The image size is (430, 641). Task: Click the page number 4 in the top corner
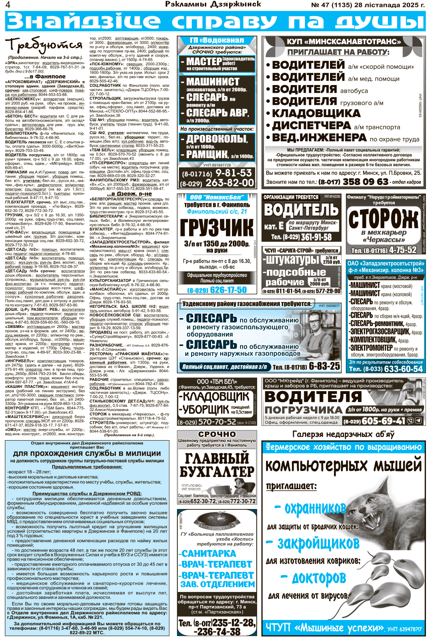pyautogui.click(x=8, y=5)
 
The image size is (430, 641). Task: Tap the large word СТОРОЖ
pyautogui.click(x=383, y=219)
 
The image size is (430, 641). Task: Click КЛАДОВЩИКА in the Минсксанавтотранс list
pyautogui.click(x=316, y=113)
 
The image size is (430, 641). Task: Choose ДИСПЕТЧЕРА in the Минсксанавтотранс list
pyautogui.click(x=311, y=126)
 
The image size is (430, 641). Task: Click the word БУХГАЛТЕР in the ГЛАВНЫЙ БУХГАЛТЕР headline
pyautogui.click(x=217, y=472)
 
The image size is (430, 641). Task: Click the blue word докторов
pyautogui.click(x=319, y=578)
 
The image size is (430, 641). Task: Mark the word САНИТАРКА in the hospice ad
pyautogui.click(x=208, y=554)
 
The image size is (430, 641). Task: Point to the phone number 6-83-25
pyautogui.click(x=324, y=366)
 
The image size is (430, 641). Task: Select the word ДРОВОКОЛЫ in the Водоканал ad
pyautogui.click(x=217, y=139)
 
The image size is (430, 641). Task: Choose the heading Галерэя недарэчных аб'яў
pyautogui.click(x=343, y=434)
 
